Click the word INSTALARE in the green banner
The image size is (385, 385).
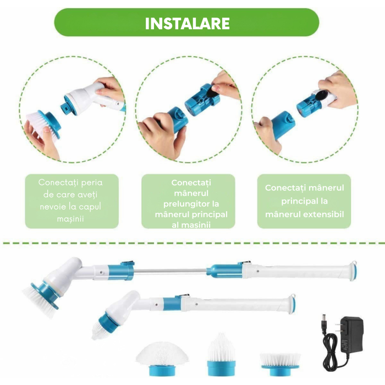click(187, 23)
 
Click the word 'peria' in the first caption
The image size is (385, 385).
click(91, 182)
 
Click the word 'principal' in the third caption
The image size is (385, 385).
click(305, 201)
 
